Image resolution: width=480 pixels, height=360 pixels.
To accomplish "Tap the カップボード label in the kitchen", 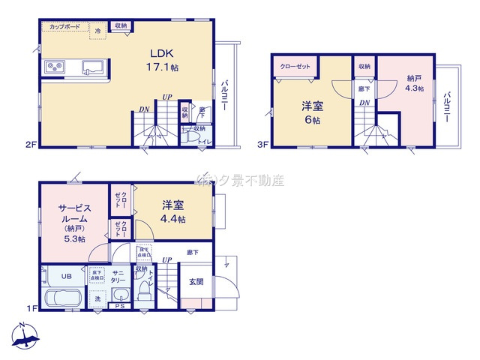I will [x=65, y=27].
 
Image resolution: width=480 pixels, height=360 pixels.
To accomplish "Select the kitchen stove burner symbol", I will [x=55, y=66].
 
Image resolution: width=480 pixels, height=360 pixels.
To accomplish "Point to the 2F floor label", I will [x=31, y=144].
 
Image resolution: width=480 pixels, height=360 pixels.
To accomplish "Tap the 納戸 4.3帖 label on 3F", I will [x=415, y=83].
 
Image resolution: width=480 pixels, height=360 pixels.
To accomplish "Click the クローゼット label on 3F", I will [x=295, y=67].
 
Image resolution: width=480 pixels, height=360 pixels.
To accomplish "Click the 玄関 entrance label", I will [x=196, y=281].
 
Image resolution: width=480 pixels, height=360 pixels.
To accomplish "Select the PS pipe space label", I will [x=119, y=305].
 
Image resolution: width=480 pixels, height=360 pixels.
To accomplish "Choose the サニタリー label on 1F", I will [x=118, y=275].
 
